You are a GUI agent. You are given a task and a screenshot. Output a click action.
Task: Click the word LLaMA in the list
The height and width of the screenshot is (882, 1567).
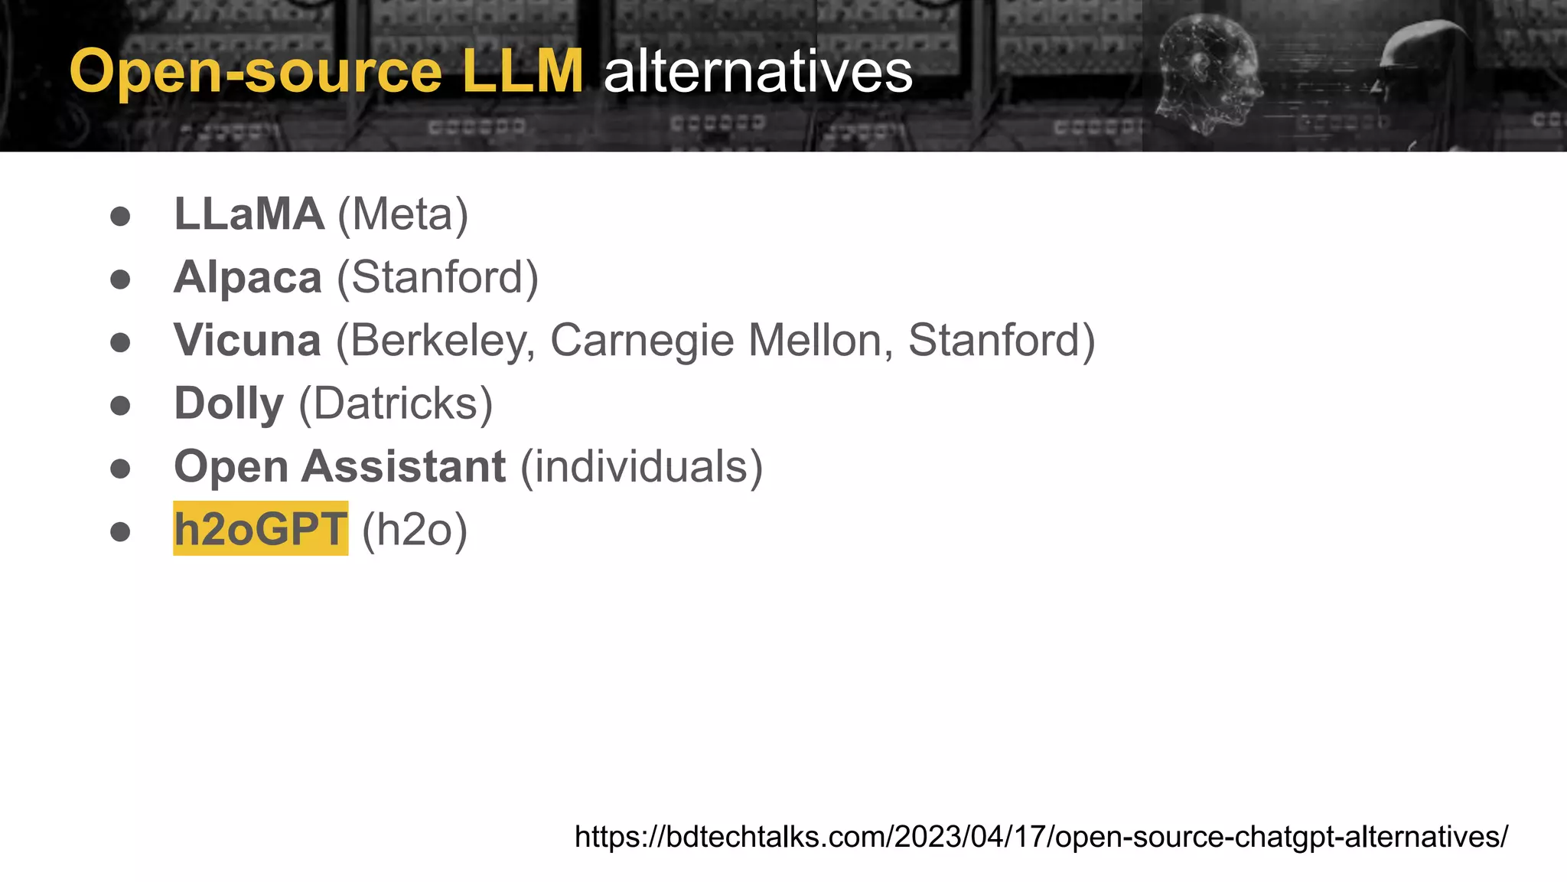(249, 214)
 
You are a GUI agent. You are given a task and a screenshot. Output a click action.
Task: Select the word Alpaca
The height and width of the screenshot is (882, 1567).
(247, 277)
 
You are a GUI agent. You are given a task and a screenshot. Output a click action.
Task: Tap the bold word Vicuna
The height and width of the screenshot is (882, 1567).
(247, 341)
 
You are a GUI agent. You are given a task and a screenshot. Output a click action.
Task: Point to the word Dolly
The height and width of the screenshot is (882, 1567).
(229, 403)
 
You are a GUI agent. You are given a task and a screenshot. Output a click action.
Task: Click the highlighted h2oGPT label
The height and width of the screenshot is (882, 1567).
(260, 529)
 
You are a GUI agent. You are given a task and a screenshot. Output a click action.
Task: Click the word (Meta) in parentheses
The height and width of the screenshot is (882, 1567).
(402, 214)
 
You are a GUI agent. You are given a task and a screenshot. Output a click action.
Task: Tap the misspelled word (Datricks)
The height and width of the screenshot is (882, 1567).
(396, 403)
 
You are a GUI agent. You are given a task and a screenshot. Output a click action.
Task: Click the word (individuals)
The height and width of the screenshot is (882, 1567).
(641, 466)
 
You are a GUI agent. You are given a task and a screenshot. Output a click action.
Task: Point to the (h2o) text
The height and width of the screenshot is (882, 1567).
(414, 529)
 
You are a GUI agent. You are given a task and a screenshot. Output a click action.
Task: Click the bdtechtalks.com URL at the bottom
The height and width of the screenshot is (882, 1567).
(1041, 836)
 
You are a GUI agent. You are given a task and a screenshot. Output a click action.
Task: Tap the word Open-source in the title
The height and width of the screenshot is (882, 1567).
(256, 73)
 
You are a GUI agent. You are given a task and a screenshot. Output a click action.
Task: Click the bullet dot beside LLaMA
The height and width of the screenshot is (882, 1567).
(120, 216)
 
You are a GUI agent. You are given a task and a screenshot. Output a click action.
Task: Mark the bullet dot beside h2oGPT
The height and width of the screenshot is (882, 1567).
(120, 531)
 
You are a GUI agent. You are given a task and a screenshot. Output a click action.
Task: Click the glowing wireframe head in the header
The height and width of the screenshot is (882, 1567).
(1209, 73)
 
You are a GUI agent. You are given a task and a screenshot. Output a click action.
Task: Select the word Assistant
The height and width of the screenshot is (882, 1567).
(403, 466)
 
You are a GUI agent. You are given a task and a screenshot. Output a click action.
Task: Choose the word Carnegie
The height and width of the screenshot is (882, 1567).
(642, 341)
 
